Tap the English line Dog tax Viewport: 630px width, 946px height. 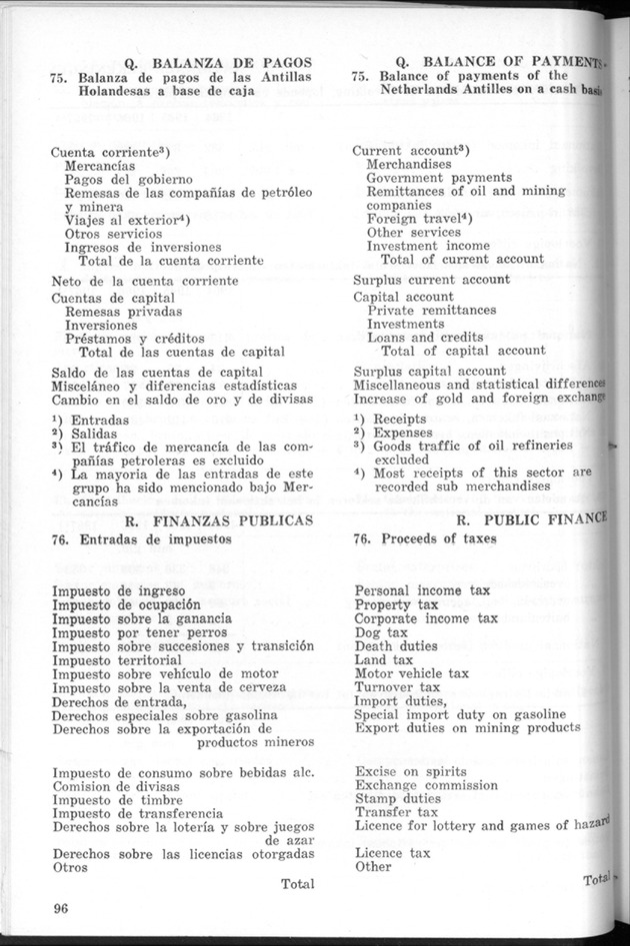381,632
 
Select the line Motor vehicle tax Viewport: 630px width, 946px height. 411,674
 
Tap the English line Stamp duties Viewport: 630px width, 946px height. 398,799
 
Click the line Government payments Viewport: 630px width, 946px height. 439,178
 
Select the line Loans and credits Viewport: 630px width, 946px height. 421,338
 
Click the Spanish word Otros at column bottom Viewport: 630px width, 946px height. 72,868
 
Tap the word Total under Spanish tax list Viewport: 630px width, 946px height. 297,883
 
